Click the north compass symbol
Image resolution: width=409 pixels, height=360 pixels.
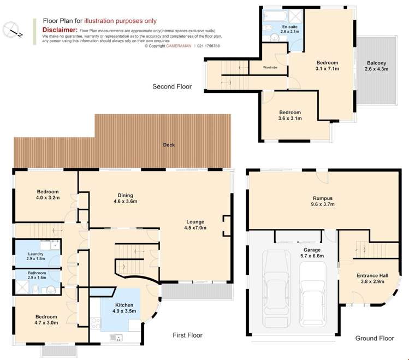12,30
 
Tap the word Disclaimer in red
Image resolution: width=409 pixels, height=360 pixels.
60,29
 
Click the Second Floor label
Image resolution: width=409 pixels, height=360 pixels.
172,87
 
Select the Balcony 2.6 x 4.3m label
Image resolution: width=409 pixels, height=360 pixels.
376,66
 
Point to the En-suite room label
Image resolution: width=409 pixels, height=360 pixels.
290,29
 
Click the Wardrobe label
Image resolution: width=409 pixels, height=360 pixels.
270,68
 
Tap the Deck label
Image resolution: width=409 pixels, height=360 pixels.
169,145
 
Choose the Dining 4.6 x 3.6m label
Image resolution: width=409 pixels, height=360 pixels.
126,198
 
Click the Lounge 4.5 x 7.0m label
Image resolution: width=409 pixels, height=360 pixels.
195,225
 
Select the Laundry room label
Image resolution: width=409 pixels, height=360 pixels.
35,256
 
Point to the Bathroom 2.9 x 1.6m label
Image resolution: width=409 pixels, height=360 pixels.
37,275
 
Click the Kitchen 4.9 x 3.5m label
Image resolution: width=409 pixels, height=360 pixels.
124,308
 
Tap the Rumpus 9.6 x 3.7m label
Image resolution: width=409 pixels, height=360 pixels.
323,201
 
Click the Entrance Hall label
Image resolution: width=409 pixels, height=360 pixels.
372,279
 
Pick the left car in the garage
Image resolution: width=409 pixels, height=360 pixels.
276,288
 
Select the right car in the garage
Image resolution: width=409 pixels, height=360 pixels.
313,294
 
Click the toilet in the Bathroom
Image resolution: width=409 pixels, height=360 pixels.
35,289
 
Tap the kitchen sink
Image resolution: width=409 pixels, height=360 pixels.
116,338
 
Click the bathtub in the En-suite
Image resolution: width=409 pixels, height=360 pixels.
275,16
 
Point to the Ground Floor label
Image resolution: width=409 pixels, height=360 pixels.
375,338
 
